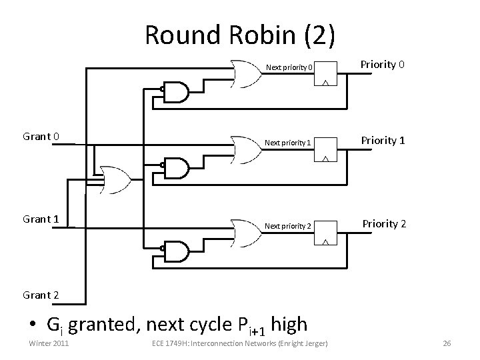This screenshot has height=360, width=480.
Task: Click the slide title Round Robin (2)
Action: click(240, 35)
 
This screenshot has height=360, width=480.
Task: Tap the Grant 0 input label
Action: click(41, 137)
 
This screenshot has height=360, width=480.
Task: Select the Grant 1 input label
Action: click(41, 219)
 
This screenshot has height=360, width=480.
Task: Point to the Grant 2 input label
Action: click(41, 295)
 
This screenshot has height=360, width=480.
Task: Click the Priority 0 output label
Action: click(383, 65)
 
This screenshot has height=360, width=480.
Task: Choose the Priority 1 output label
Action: click(383, 140)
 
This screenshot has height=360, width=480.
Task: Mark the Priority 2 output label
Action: click(384, 223)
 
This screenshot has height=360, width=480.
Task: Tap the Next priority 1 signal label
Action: click(287, 143)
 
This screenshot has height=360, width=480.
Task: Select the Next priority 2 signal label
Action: click(288, 226)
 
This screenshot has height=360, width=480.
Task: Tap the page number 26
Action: click(447, 343)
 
